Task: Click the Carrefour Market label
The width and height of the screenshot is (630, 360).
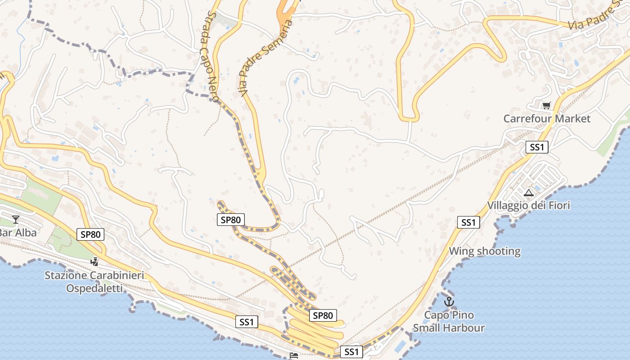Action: (x=547, y=119)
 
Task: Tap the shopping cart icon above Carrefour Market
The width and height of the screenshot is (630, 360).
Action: (x=546, y=106)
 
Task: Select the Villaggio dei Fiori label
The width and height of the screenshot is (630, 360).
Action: (x=528, y=206)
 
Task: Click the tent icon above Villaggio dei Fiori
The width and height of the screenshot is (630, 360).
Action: (x=529, y=193)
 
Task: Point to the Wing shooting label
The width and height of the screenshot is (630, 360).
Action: (x=485, y=251)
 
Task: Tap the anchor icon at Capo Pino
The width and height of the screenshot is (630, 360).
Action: (x=449, y=301)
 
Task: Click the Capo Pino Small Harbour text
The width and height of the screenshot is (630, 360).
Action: (x=449, y=321)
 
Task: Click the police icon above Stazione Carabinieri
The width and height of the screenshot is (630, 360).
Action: (x=94, y=261)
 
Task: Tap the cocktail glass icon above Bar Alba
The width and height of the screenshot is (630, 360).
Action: (x=16, y=220)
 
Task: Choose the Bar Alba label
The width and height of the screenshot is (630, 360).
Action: (x=18, y=233)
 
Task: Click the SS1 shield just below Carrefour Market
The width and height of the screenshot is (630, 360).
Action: (x=537, y=147)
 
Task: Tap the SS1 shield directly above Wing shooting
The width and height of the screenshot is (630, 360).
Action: (x=468, y=222)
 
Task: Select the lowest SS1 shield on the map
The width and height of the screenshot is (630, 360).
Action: (x=351, y=352)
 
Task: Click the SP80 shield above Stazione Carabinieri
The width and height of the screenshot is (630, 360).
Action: (x=90, y=234)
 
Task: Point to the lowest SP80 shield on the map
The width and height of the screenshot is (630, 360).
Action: (x=323, y=315)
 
